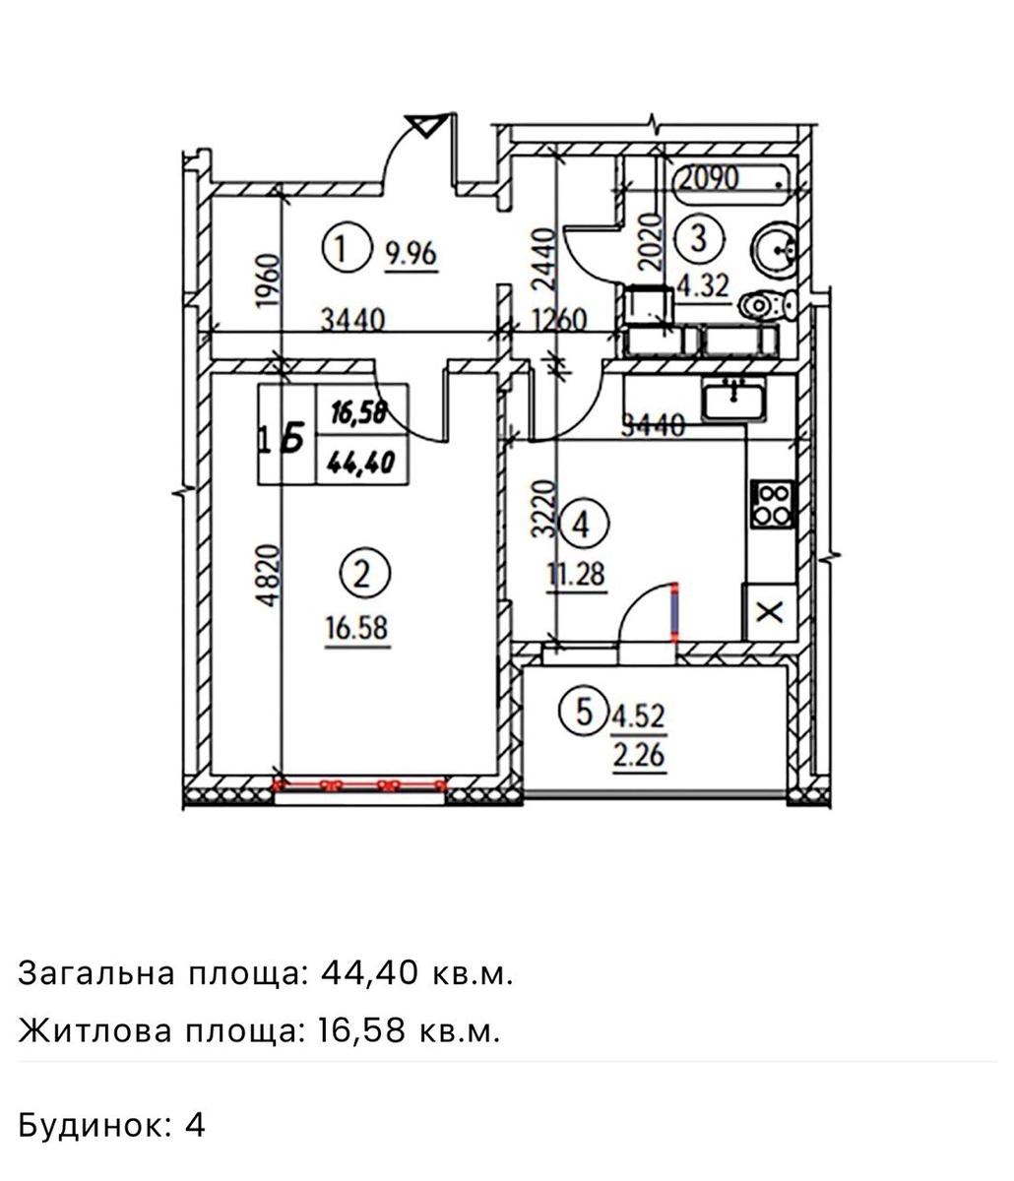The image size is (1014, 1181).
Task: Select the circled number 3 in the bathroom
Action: pyautogui.click(x=699, y=238)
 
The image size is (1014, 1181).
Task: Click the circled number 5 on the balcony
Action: pyautogui.click(x=584, y=713)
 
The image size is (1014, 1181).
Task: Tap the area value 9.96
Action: pyautogui.click(x=412, y=254)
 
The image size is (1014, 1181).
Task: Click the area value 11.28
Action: pyautogui.click(x=577, y=574)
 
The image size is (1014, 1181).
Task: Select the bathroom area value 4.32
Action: pyautogui.click(x=704, y=285)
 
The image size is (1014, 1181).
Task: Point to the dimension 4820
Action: pyautogui.click(x=269, y=576)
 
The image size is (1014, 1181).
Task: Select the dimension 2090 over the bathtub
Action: pyautogui.click(x=708, y=178)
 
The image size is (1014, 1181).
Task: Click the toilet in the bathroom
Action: pyautogui.click(x=768, y=305)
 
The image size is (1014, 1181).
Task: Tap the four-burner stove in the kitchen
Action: pyautogui.click(x=773, y=504)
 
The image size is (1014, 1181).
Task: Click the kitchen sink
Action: pyautogui.click(x=733, y=400)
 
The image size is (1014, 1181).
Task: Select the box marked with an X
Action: pyautogui.click(x=769, y=612)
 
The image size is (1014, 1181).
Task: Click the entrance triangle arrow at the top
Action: pyautogui.click(x=427, y=125)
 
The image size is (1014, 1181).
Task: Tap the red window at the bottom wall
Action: pyautogui.click(x=360, y=785)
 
